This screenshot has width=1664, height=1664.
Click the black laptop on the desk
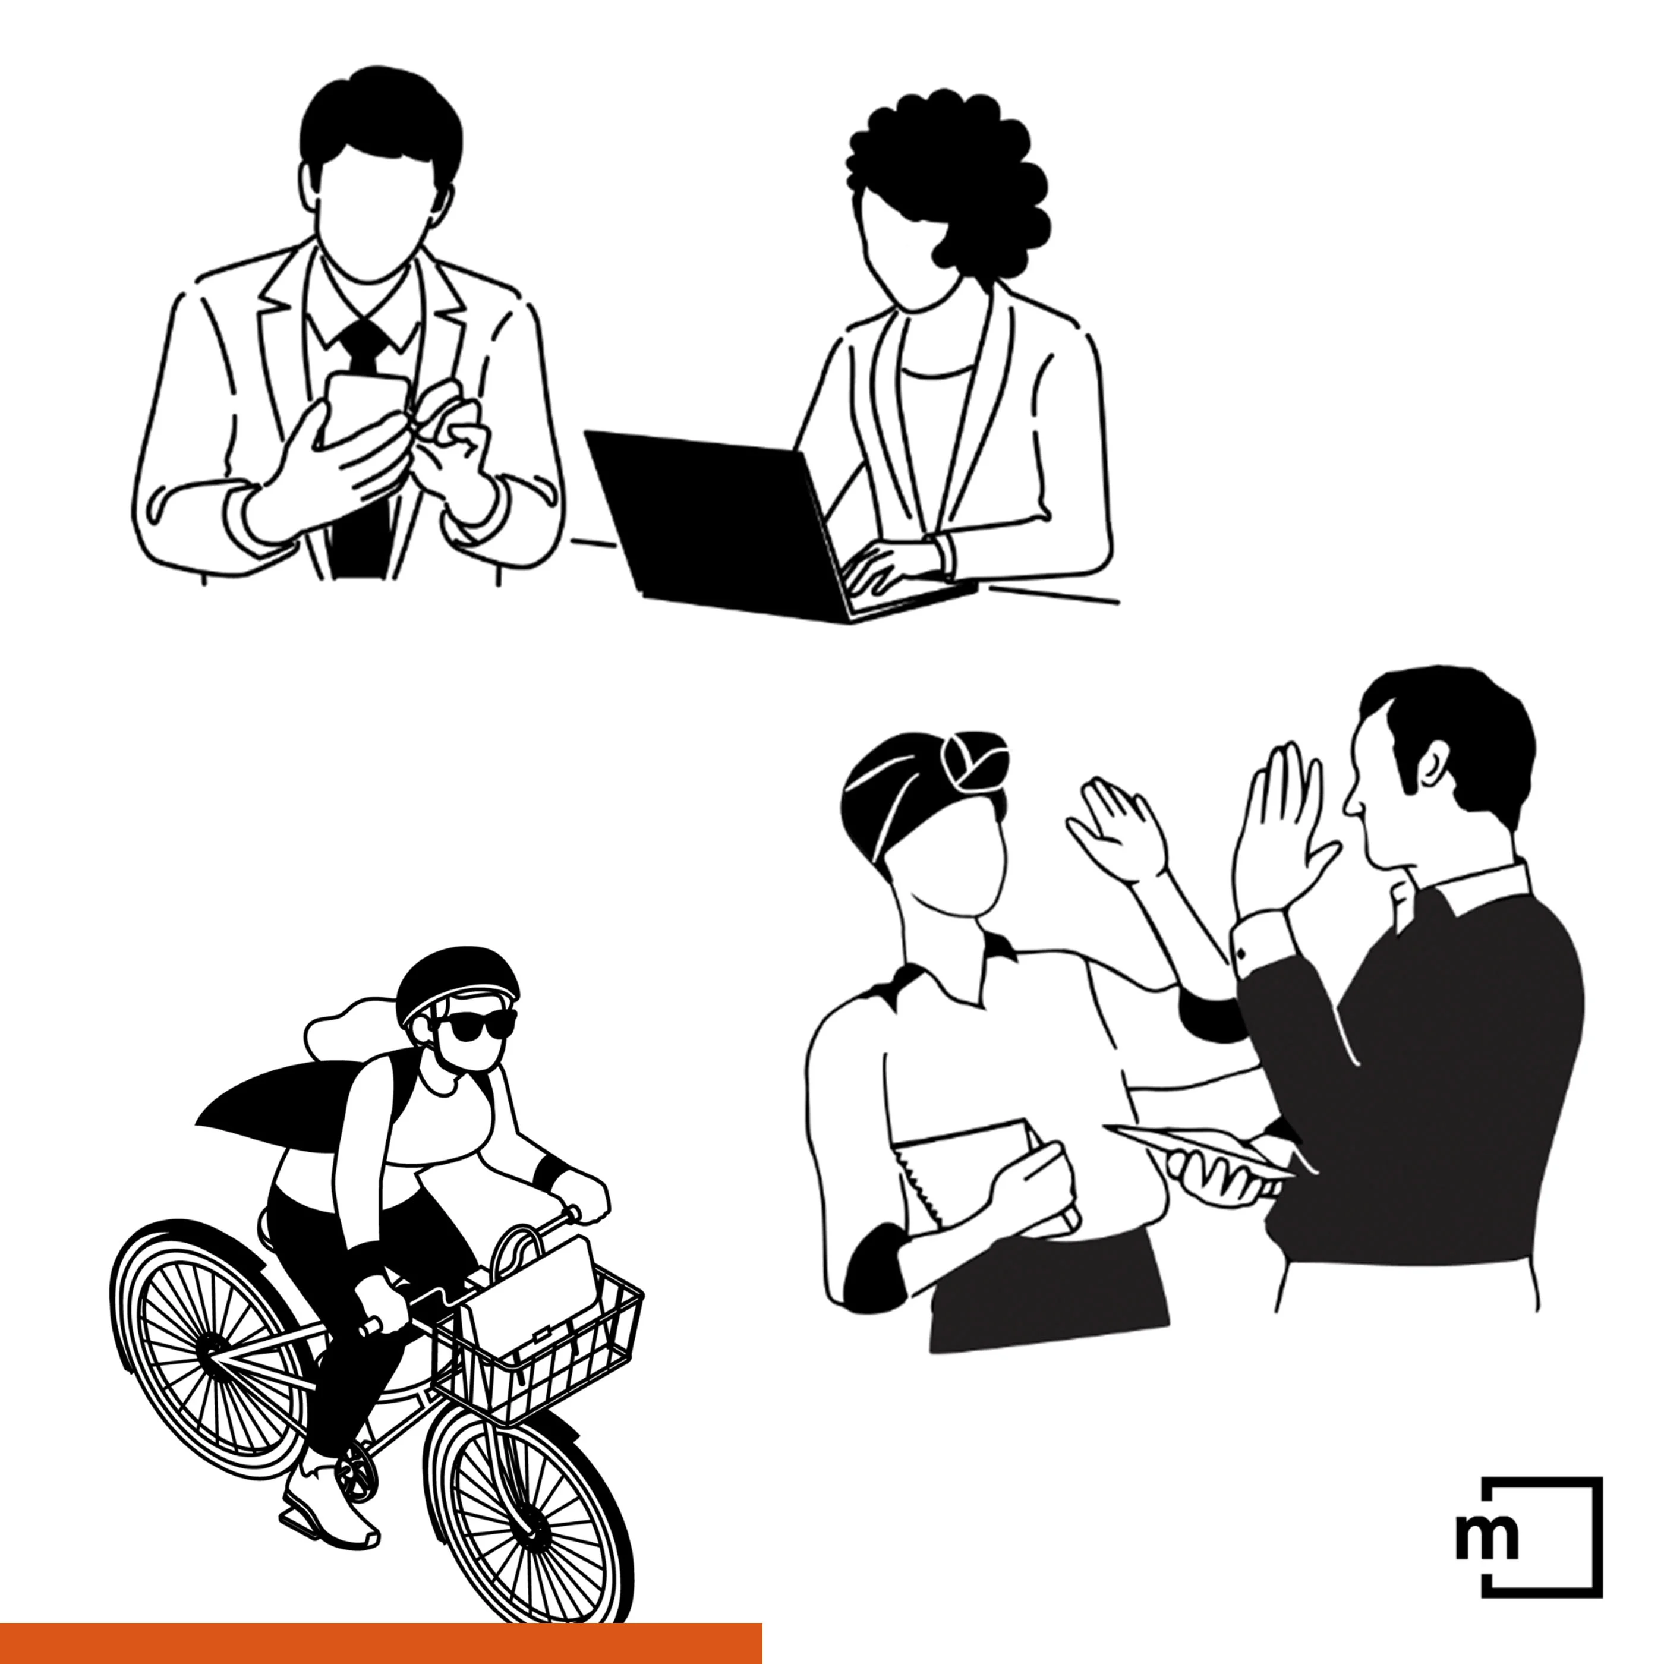(758, 525)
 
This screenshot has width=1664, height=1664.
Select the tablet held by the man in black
(1197, 1150)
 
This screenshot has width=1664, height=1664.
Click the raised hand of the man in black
(1283, 827)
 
